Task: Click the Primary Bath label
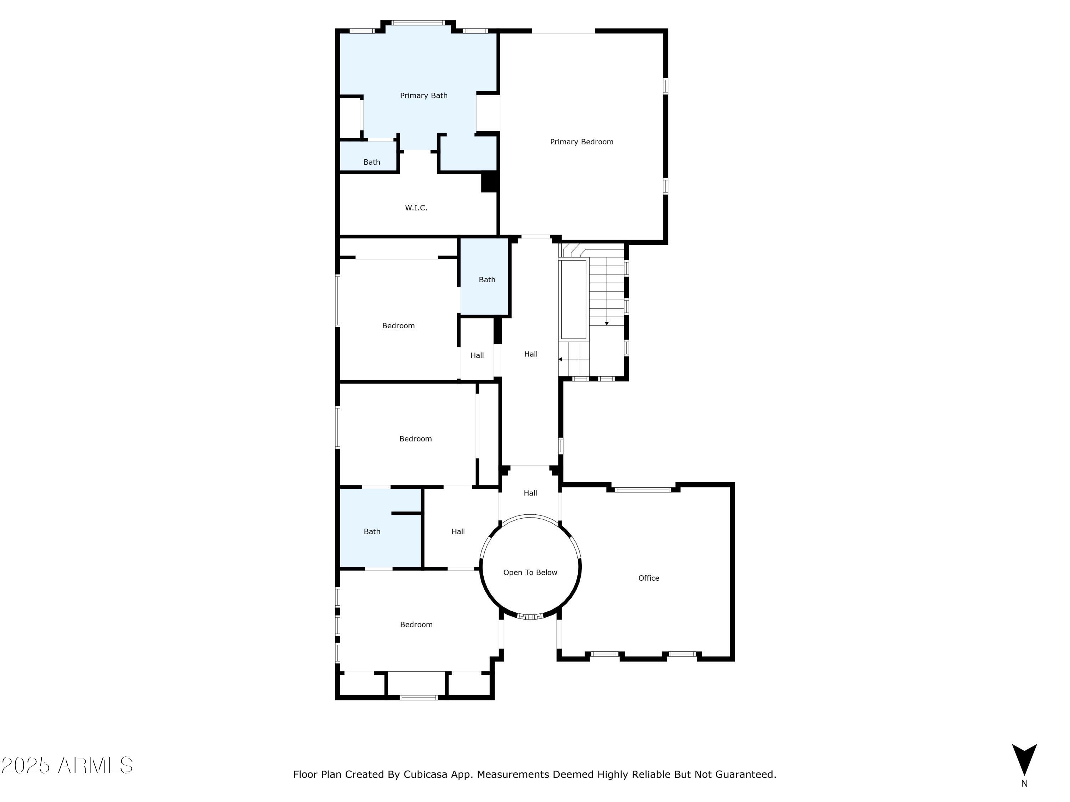(423, 96)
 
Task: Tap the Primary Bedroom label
(581, 142)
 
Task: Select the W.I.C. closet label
(416, 208)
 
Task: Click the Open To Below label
(530, 572)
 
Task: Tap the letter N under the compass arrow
(1024, 783)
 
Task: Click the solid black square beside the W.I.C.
(489, 182)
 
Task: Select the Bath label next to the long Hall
(486, 279)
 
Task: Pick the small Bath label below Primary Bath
(372, 162)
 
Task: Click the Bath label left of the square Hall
(372, 531)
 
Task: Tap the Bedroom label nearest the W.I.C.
(398, 326)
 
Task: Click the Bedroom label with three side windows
(416, 624)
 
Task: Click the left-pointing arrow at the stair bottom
(560, 359)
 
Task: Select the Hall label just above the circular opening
(530, 493)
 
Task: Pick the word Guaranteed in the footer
(745, 775)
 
